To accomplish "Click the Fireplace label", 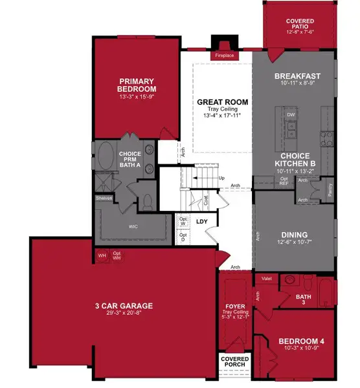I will coord(225,56).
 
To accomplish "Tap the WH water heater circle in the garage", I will coord(102,255).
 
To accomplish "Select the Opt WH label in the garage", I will coord(117,255).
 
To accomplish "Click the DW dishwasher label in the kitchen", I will coord(290,115).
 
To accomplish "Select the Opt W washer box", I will coord(183,221).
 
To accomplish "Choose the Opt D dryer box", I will coord(183,235).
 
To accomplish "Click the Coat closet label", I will coord(206,200).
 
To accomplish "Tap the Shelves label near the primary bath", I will coord(104,198).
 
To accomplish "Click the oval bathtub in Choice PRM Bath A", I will coord(105,157).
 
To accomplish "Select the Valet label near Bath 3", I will coord(265,278).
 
